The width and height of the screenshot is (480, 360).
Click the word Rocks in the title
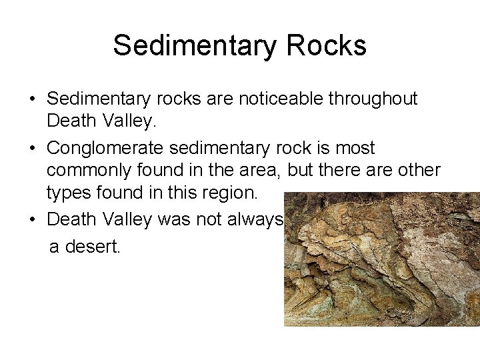326,45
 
